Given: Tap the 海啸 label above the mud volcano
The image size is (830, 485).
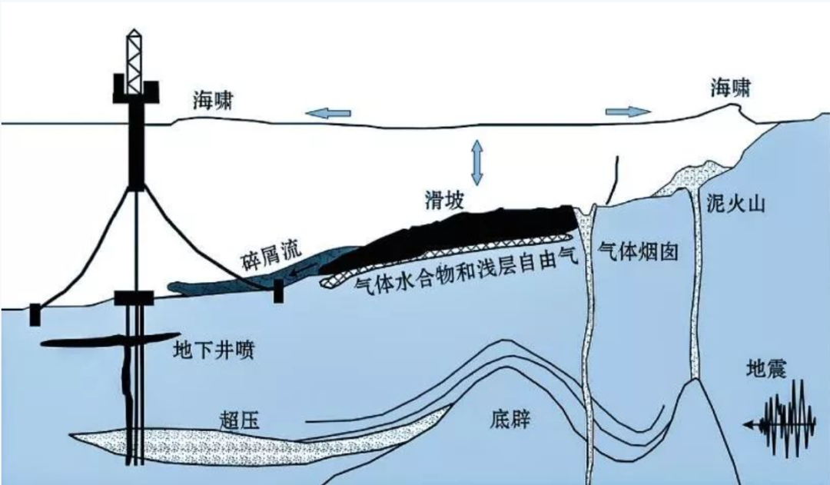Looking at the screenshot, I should coord(731,91).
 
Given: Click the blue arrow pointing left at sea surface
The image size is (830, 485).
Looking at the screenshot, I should coord(329,114).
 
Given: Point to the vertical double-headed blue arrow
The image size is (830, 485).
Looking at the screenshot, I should coord(477,161).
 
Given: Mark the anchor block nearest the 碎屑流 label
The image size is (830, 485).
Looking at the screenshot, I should coord(277,291).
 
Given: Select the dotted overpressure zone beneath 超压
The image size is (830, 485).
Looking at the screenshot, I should coord(231,446).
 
